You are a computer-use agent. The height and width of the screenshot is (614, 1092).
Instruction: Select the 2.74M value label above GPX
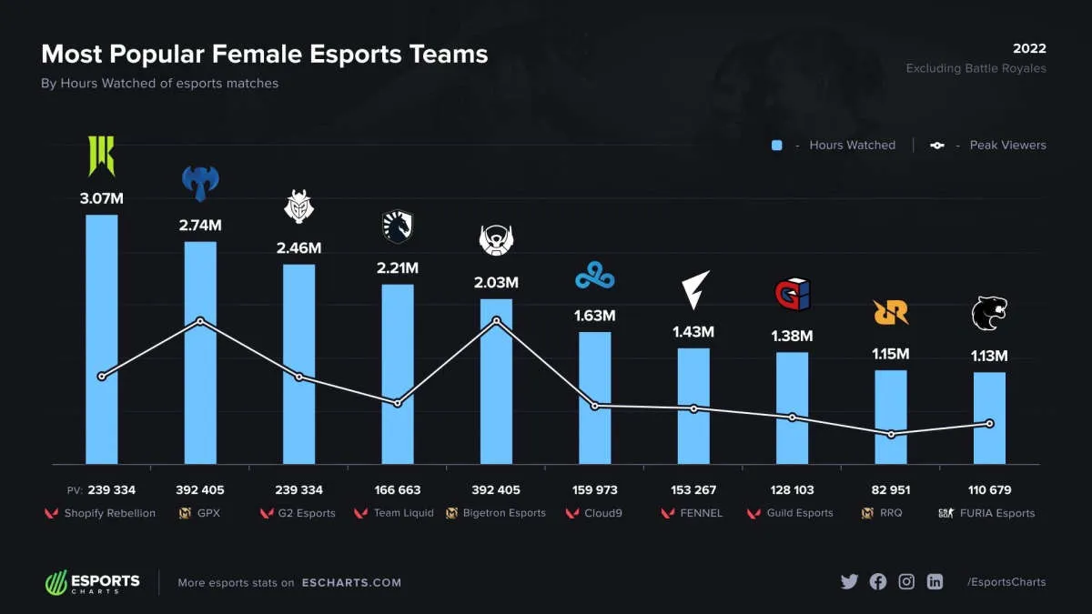coord(200,225)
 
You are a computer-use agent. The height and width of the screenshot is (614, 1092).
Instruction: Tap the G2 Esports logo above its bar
coord(298,206)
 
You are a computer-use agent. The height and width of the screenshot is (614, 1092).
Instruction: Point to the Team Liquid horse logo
coord(398,226)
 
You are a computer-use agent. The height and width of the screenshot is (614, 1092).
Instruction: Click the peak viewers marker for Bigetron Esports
coord(496,320)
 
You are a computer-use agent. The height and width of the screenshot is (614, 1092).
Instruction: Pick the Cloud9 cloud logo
coord(594,276)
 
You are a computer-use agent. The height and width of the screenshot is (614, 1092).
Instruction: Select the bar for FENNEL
coord(693,406)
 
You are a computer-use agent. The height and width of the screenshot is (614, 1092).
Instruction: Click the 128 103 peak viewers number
coord(792,490)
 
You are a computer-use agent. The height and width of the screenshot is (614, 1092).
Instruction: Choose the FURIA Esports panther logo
coord(989,314)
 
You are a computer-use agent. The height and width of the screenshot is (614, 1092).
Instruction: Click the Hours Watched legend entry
coord(834,146)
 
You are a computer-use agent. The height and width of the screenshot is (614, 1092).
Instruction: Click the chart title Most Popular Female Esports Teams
coord(265,55)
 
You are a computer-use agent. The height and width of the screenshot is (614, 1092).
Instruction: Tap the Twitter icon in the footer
coord(849,582)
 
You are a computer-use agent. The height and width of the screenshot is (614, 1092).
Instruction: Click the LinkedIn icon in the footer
coord(935,582)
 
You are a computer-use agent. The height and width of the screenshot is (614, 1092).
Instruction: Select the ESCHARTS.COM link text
coord(351,583)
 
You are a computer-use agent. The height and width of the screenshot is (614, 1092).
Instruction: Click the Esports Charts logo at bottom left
coord(93,582)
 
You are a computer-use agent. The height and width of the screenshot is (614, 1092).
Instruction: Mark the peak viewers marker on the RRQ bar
coord(891,434)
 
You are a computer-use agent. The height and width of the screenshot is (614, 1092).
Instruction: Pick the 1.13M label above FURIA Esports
coord(989,356)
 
